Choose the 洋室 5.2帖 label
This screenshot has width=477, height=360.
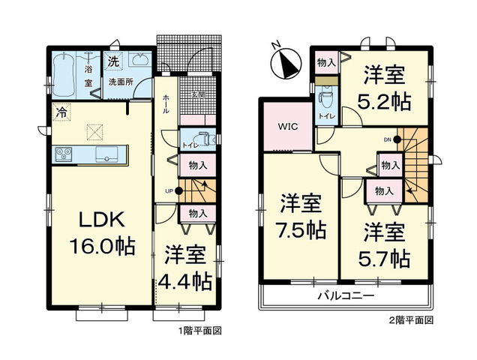click(x=386, y=87)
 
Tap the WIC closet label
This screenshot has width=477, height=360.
click(x=289, y=126)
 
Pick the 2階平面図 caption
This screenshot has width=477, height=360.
click(x=412, y=320)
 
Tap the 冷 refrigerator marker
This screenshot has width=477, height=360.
click(x=59, y=113)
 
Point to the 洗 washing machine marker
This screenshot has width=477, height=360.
click(x=113, y=60)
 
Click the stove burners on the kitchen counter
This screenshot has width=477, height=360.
click(x=63, y=154)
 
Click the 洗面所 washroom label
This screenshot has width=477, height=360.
click(x=119, y=80)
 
